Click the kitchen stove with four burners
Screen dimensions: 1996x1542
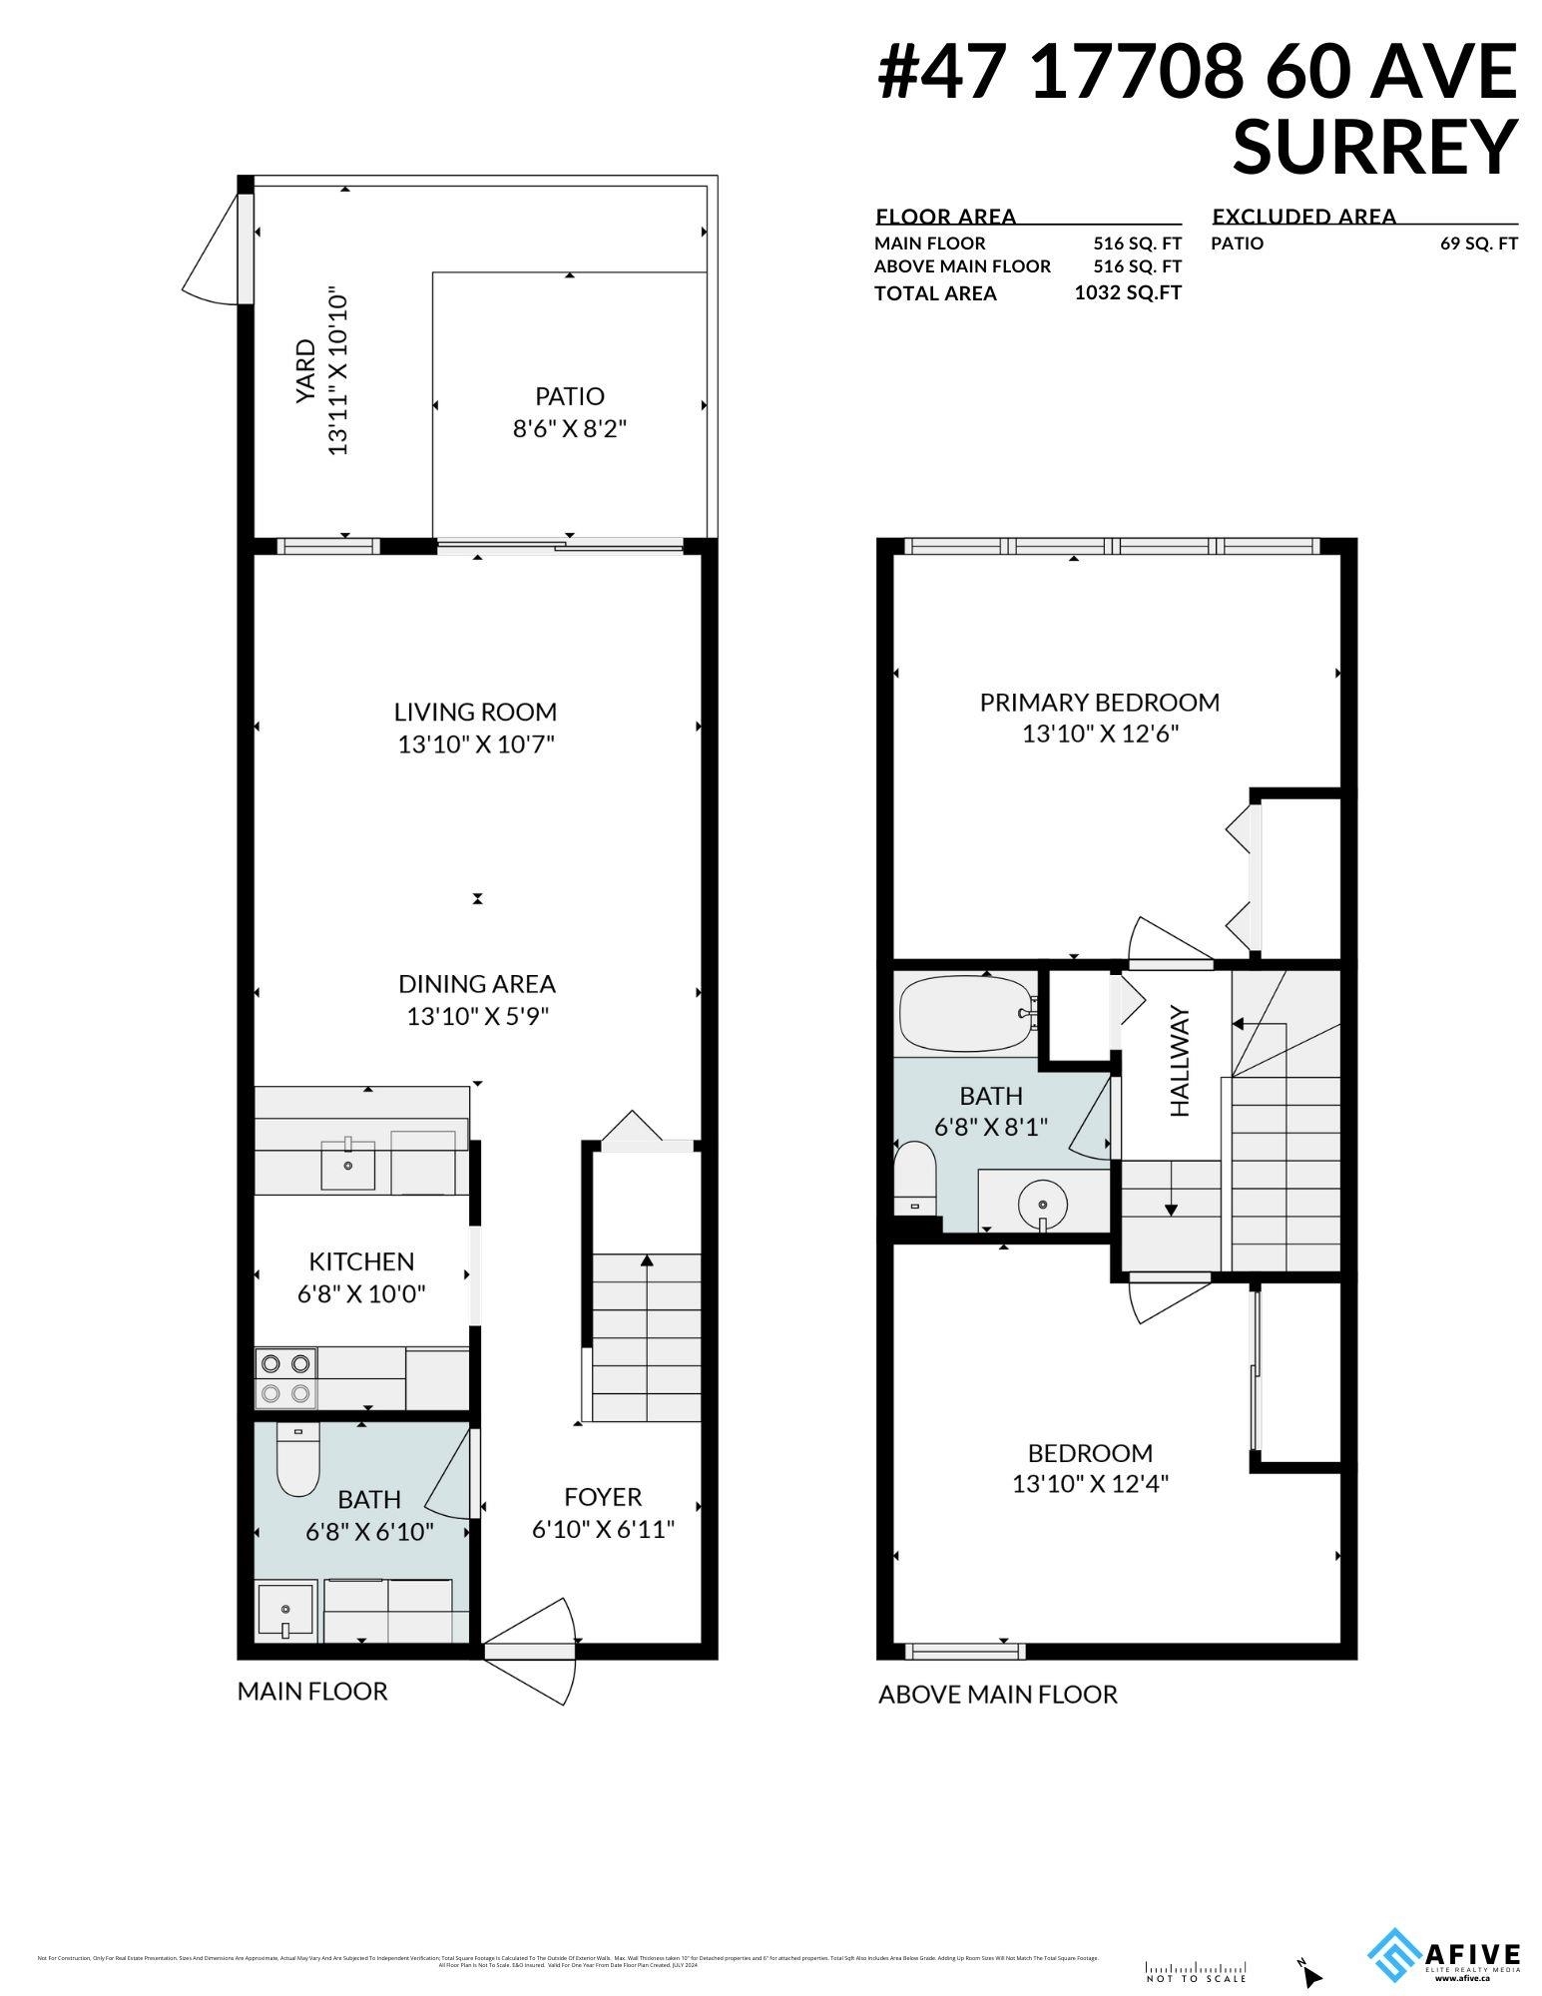point(286,1377)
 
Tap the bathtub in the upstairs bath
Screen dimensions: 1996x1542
point(964,1013)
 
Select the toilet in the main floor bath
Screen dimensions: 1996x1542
point(296,1463)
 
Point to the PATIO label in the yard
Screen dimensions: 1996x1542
point(569,396)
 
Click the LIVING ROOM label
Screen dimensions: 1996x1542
point(475,712)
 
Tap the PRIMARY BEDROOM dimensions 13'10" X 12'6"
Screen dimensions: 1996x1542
point(1100,735)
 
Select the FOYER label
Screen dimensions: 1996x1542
point(603,1497)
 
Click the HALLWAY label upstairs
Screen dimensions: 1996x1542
point(1181,1061)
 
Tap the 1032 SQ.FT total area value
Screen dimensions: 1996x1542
point(1127,292)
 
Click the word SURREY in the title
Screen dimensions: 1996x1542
point(1374,148)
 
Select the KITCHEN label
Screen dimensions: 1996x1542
point(361,1260)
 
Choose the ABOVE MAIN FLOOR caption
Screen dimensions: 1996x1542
point(997,1694)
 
